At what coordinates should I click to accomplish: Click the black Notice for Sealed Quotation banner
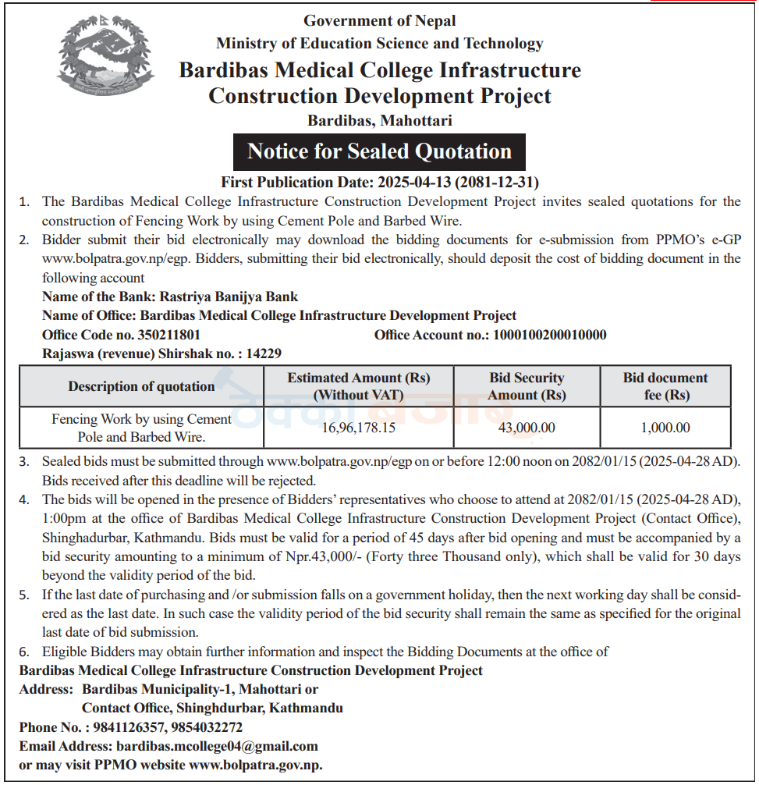[x=379, y=151]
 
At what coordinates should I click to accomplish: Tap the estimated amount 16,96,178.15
[x=358, y=428]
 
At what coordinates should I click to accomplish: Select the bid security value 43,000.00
[x=527, y=428]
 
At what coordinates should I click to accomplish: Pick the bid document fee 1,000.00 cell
[x=665, y=428]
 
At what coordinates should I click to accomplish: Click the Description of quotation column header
[x=141, y=386]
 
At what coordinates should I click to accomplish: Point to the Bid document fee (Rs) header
[x=665, y=386]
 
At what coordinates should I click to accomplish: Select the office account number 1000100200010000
[x=548, y=335]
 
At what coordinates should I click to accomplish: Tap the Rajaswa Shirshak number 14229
[x=264, y=353]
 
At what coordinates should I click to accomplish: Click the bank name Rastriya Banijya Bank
[x=229, y=297]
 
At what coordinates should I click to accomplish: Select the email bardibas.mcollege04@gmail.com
[x=217, y=746]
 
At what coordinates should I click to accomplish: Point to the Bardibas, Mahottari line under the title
[x=379, y=121]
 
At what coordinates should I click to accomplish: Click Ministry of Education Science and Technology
[x=379, y=44]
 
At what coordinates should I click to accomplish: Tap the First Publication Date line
[x=380, y=182]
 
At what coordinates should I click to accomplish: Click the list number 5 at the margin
[x=24, y=595]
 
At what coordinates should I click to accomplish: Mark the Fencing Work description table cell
[x=141, y=428]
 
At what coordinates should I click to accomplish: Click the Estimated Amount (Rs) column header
[x=358, y=386]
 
